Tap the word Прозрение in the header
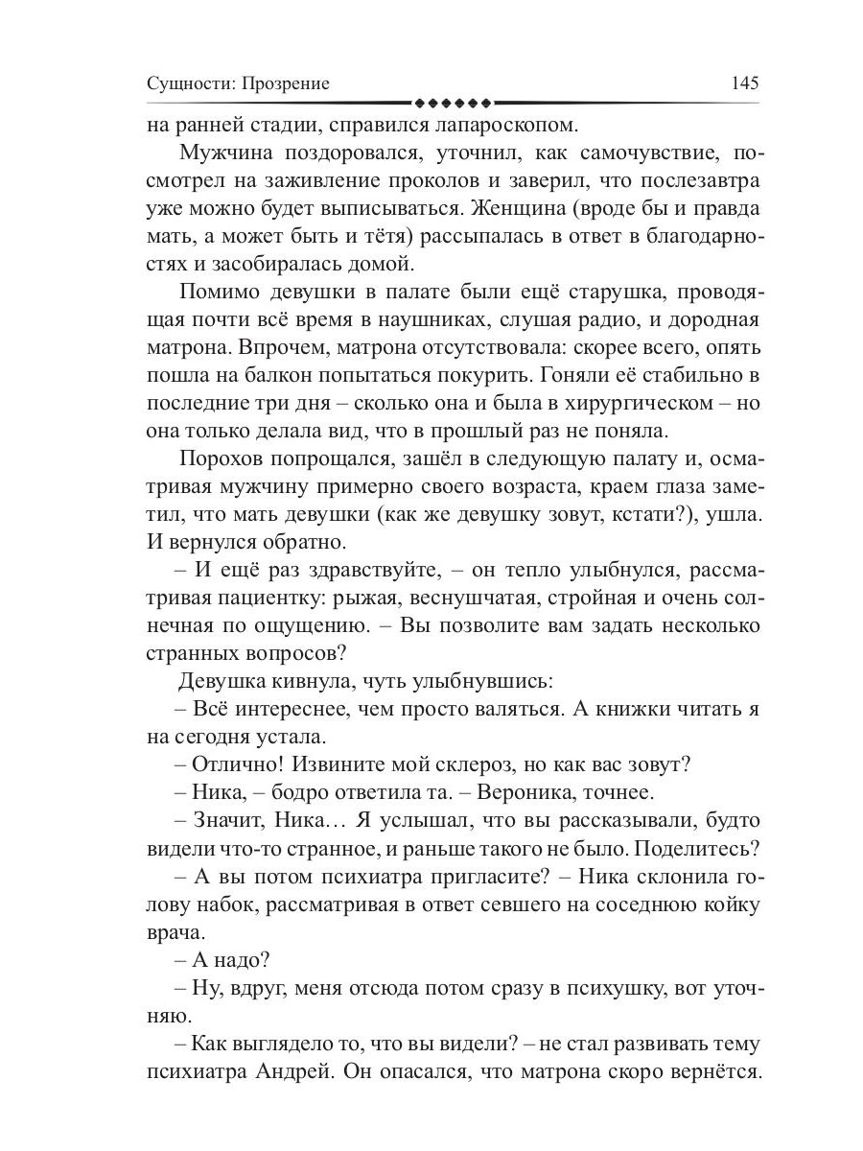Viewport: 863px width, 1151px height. tap(285, 83)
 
